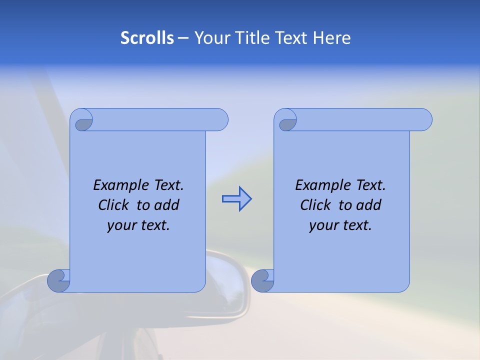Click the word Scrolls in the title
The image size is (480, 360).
pos(147,38)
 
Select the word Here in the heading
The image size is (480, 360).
pos(332,38)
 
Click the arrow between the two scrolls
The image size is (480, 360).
pos(236,199)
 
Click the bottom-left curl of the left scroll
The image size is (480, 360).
pos(58,280)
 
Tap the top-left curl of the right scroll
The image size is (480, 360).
pos(288,121)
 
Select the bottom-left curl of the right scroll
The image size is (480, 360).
pos(262,280)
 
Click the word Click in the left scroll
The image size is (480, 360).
pos(113,205)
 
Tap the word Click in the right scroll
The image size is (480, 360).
pos(315,205)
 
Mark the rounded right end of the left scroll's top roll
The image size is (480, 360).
pos(220,119)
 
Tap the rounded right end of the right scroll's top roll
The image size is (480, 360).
pos(424,119)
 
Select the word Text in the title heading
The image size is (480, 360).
pos(293,38)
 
